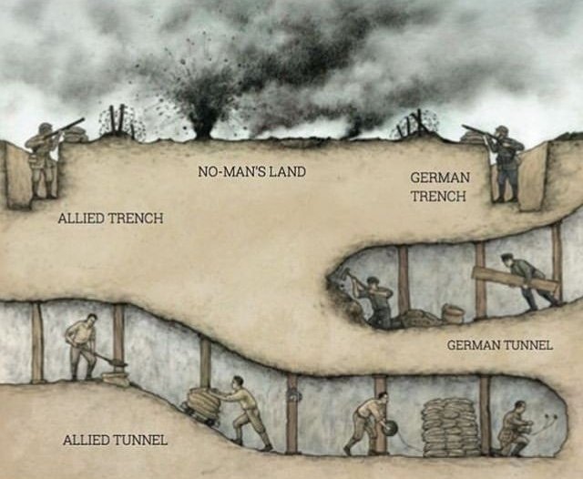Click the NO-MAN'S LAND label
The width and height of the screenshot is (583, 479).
(251, 172)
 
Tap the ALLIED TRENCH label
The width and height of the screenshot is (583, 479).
(110, 218)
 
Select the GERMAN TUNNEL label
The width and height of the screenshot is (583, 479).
(500, 345)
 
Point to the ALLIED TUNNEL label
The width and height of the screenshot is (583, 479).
(116, 441)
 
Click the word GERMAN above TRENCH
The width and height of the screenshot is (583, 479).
(440, 178)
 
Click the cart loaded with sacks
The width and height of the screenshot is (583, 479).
(203, 404)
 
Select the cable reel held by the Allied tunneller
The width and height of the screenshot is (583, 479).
(389, 427)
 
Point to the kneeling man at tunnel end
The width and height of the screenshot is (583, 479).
(515, 429)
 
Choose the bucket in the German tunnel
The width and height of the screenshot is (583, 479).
(452, 313)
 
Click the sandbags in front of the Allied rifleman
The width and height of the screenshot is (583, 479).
(77, 134)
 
